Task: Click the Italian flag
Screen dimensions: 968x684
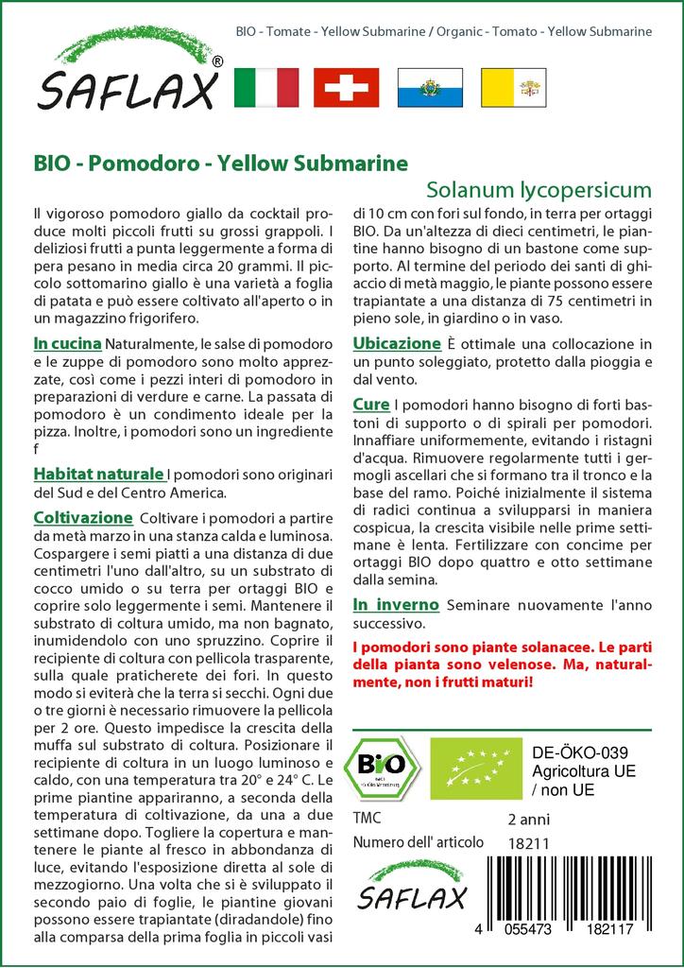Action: click(265, 87)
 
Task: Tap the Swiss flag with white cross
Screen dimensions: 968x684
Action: click(346, 87)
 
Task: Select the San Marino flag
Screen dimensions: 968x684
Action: click(428, 87)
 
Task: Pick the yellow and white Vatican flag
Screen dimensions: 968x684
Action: click(510, 87)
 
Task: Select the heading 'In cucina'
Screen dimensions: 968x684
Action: click(68, 341)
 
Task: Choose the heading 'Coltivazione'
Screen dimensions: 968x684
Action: click(82, 518)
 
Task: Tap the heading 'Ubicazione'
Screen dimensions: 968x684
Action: click(397, 343)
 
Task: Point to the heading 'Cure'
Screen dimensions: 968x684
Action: click(370, 404)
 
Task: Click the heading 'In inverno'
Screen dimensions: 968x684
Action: click(396, 604)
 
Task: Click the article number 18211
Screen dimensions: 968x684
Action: click(528, 843)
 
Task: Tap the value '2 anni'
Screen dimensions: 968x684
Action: click(528, 819)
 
